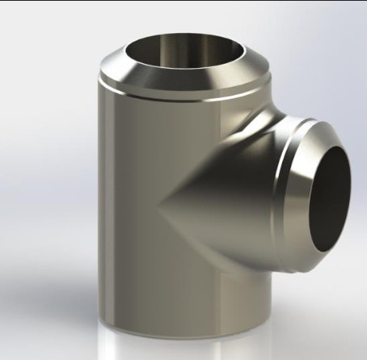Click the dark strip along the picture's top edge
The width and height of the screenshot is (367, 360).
tap(183, 2)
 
